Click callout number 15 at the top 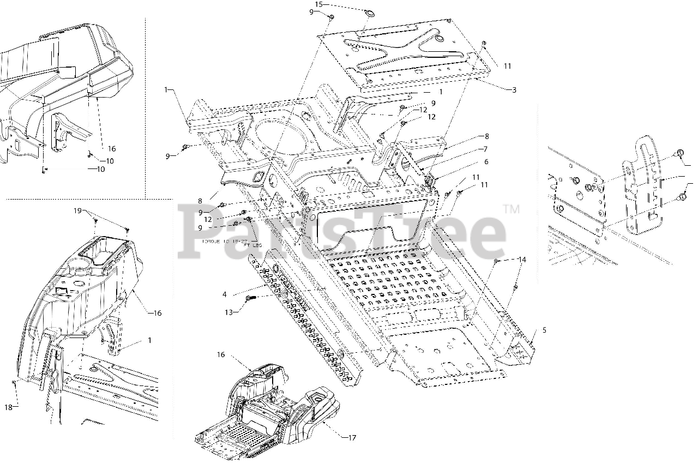pyautogui.click(x=319, y=4)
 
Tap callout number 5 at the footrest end pyautogui.click(x=544, y=330)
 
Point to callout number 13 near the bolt pyautogui.click(x=229, y=312)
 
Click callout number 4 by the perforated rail pyautogui.click(x=224, y=295)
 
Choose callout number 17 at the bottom pyautogui.click(x=352, y=438)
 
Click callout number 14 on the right pyautogui.click(x=522, y=260)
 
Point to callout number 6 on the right pyautogui.click(x=486, y=162)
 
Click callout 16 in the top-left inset pyautogui.click(x=112, y=149)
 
